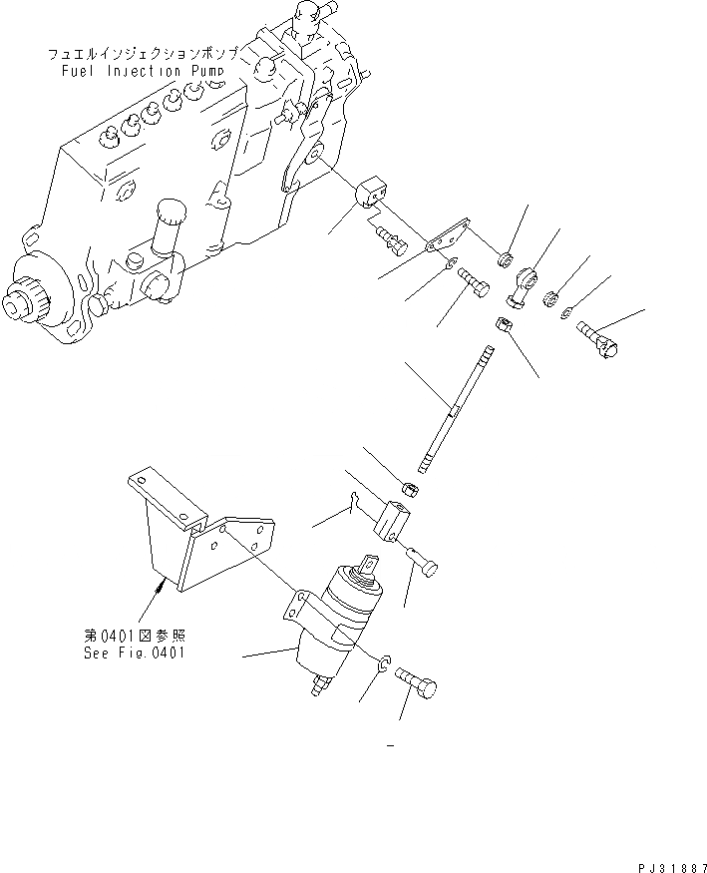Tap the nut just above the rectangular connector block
click(409, 488)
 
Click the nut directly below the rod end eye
click(504, 324)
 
